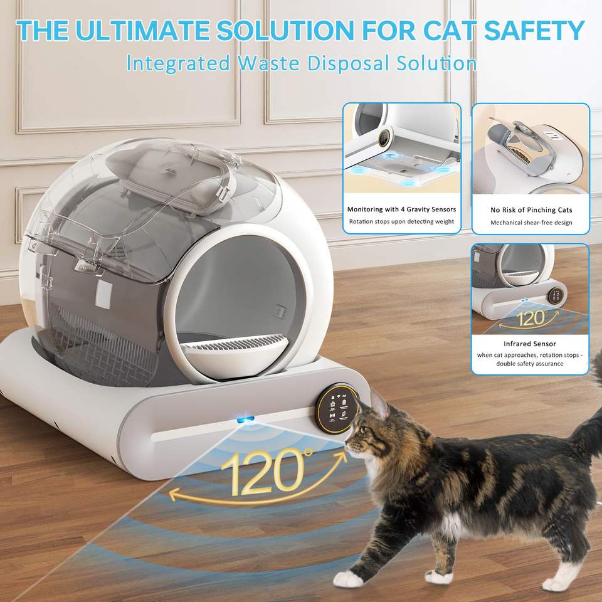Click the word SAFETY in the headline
[x=534, y=30]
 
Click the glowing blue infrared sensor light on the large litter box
[x=245, y=419]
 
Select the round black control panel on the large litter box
[x=337, y=408]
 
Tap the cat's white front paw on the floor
[x=347, y=579]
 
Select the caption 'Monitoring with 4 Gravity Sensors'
[x=401, y=209]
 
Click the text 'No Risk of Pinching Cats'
[x=531, y=210]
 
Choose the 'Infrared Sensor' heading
[x=530, y=344]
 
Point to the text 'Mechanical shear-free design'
[x=531, y=223]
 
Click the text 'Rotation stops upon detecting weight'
[x=401, y=221]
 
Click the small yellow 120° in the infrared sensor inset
[x=531, y=318]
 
